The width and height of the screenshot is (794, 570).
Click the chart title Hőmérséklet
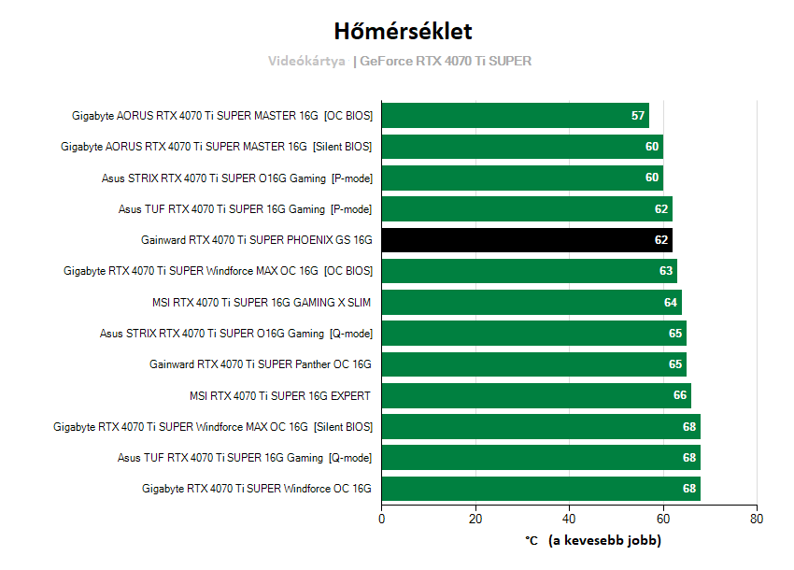396,31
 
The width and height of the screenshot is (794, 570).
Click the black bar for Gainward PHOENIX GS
527,240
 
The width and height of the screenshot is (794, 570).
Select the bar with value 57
515,116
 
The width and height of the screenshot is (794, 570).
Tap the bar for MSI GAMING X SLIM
532,302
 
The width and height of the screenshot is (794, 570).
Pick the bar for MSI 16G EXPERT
536,395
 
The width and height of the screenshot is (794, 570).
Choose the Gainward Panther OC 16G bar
533,364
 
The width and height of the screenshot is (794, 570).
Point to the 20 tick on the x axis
475,518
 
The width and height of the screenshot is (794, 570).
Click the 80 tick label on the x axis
757,518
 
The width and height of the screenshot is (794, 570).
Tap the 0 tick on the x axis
382,518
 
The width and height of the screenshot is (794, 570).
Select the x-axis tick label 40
569,518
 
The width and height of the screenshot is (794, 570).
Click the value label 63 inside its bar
666,271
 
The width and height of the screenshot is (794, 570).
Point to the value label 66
680,395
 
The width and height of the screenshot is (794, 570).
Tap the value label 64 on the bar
671,302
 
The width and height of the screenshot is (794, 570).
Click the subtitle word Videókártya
306,62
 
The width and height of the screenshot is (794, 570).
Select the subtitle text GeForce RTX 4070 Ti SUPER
446,62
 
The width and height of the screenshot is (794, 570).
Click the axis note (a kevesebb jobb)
604,540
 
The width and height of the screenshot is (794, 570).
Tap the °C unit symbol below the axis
532,540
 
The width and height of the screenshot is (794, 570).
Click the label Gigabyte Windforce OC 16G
257,489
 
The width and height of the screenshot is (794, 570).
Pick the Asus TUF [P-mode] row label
245,209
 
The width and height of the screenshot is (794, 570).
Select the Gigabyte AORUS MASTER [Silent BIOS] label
216,147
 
